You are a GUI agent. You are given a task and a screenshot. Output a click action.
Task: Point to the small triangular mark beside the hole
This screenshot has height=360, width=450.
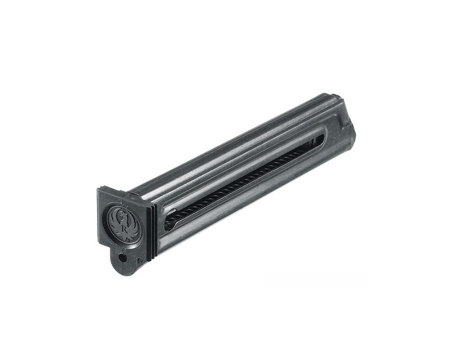(x=138, y=258)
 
